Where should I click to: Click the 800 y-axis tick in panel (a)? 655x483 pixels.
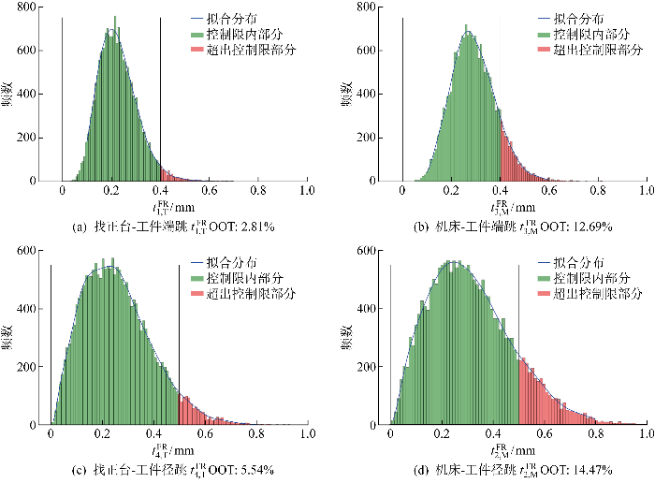[29, 7]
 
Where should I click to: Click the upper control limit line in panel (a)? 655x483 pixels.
[160, 94]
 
